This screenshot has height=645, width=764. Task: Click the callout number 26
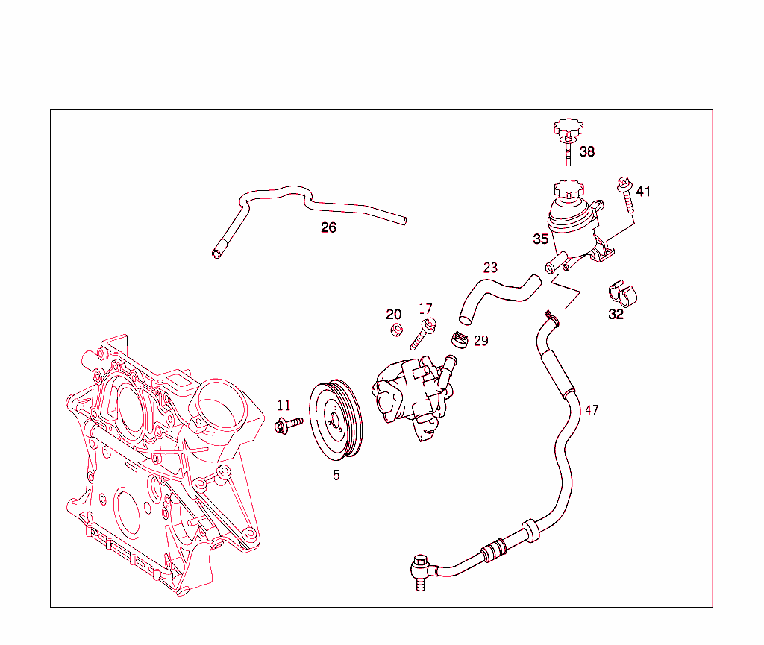pos(328,227)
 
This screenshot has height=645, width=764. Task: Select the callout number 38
pos(587,151)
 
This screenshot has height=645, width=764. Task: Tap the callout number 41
pos(643,192)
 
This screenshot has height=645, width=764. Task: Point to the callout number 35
pos(541,239)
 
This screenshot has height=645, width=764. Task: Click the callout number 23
pos(490,268)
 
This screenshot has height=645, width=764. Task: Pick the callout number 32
pos(616,314)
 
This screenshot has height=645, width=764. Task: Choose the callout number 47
pos(592,410)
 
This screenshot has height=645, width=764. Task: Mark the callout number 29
pos(481,340)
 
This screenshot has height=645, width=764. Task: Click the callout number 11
pos(284,406)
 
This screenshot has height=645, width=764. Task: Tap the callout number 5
pos(336,475)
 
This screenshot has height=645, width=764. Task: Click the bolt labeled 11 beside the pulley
pos(287,426)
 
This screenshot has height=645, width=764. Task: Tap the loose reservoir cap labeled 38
pos(568,132)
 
